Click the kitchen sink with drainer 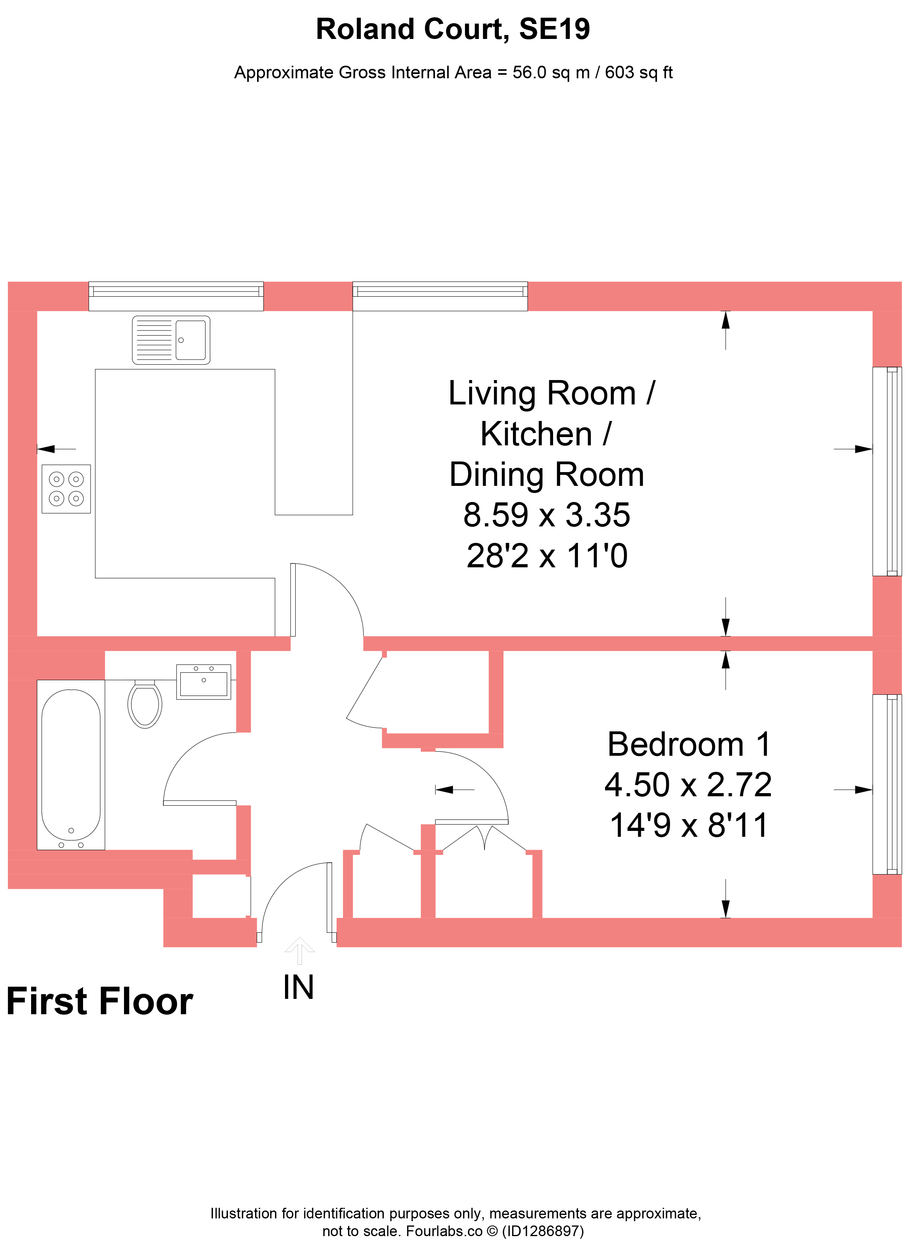coord(171,340)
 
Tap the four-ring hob coord(66,489)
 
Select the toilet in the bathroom coord(145,703)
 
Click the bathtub coord(71,765)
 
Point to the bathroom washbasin coord(204,682)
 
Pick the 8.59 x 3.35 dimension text coord(546,515)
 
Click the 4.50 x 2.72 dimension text coord(688,784)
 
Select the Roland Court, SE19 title coord(453,29)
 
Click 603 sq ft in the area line coord(639,72)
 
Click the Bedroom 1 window coord(887,784)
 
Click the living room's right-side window coord(887,471)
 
